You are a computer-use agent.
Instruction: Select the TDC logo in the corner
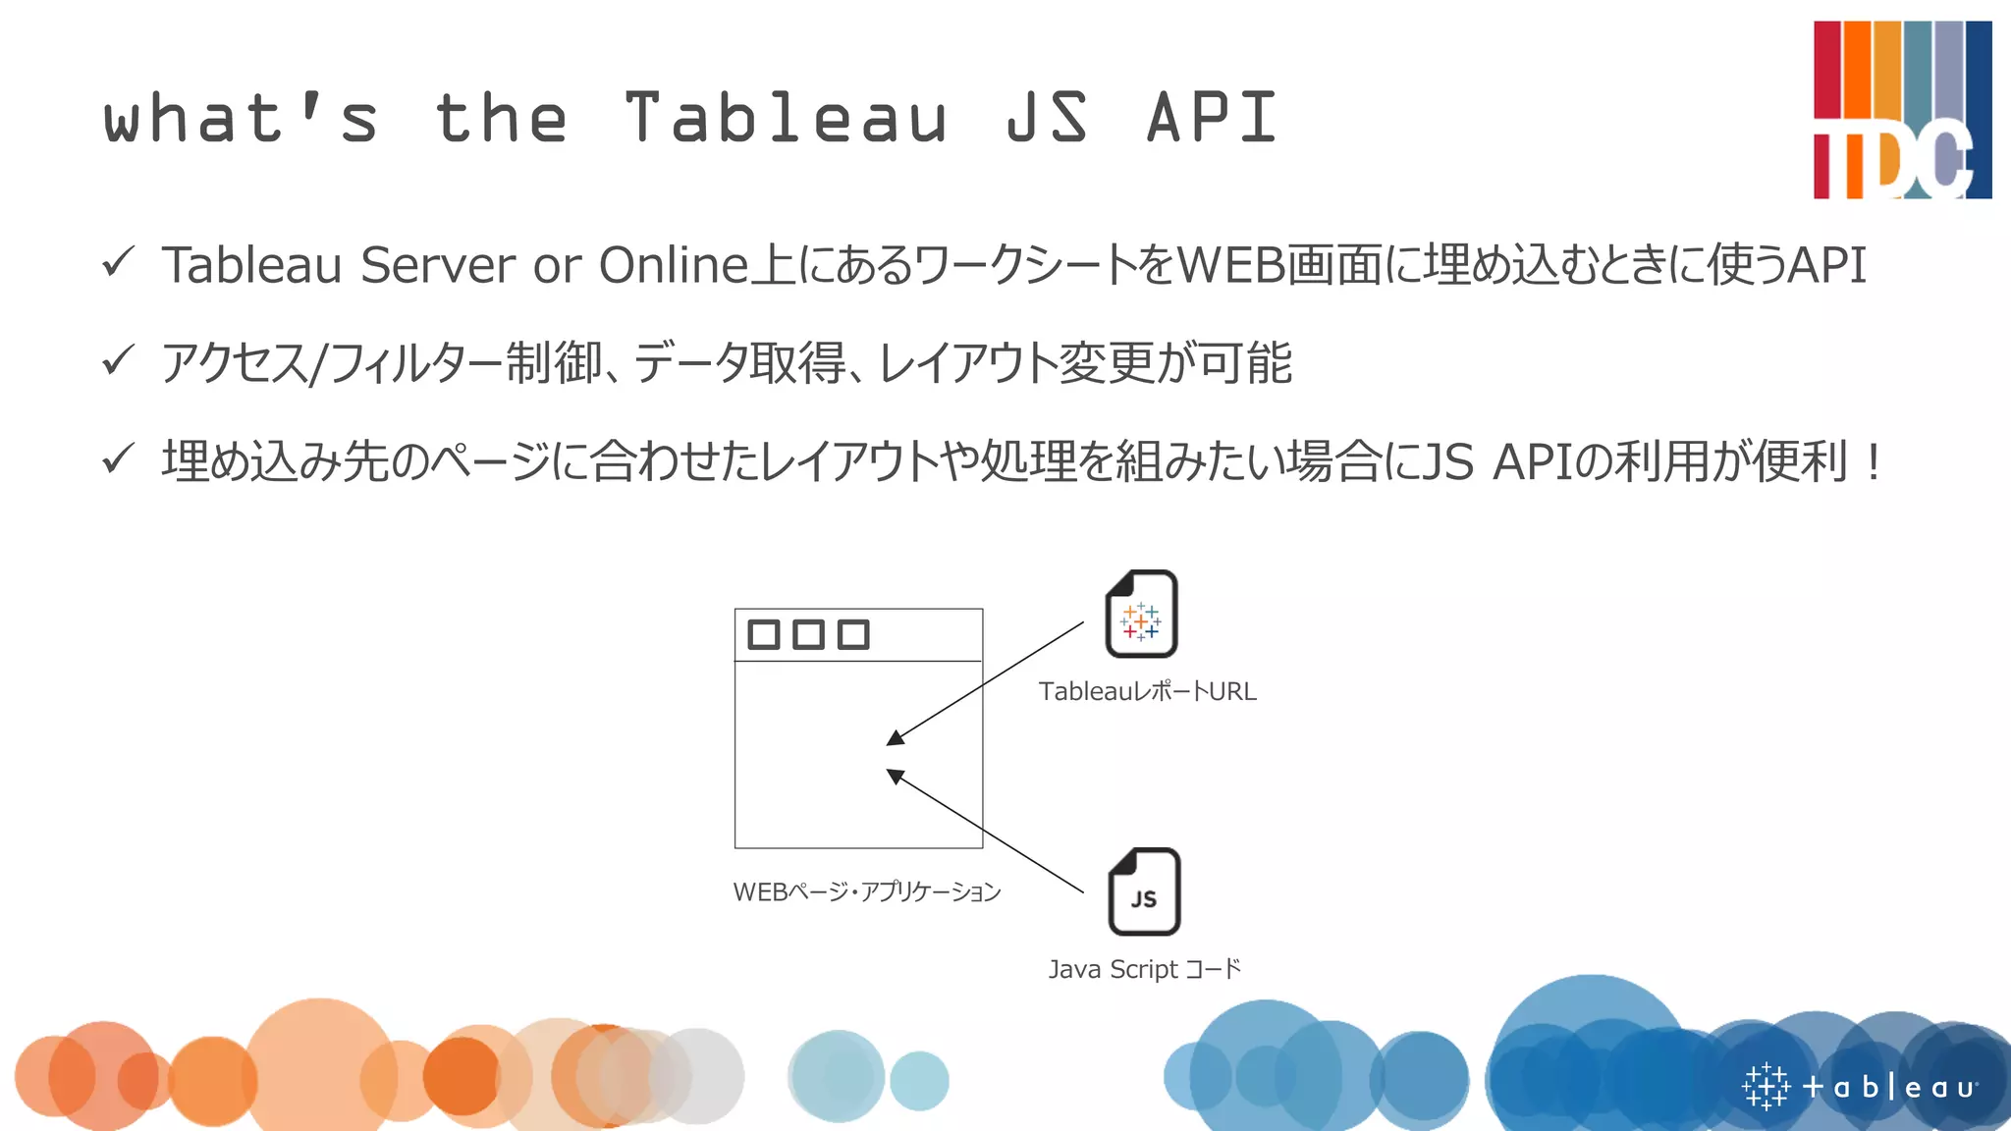pos(1901,110)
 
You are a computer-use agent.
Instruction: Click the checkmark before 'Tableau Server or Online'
pos(118,262)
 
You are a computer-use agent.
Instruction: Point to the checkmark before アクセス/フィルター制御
pos(118,360)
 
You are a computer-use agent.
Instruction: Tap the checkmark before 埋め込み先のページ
pos(118,458)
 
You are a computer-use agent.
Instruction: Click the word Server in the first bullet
pos(437,265)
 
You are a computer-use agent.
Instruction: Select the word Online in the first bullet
pos(674,265)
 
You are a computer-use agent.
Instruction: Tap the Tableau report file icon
pos(1141,615)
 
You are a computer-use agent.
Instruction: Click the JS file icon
pos(1144,891)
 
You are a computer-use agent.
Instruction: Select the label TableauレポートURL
pos(1147,691)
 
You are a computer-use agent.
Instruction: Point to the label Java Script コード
pos(1145,969)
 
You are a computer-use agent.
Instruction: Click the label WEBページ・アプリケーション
pos(866,891)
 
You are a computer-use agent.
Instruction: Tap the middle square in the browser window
pos(808,634)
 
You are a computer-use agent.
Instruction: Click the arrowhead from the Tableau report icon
pos(895,738)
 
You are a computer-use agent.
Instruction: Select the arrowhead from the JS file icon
pos(895,776)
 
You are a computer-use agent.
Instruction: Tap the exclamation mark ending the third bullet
pos(1874,461)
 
